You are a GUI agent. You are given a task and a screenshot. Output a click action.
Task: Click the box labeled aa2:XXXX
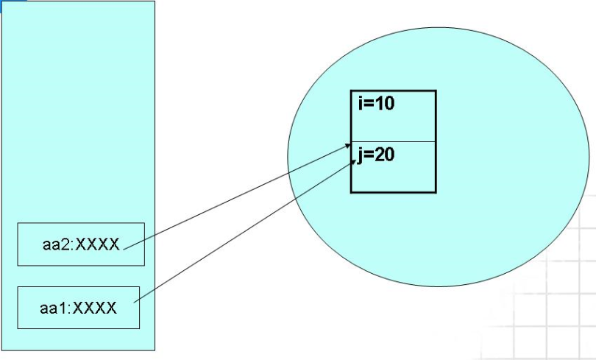81,244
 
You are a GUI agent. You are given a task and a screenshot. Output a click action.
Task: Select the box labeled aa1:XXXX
78,307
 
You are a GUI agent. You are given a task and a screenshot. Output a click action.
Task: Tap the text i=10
377,103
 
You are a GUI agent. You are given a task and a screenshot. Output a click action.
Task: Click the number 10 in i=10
384,103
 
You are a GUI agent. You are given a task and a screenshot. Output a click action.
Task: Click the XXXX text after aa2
97,244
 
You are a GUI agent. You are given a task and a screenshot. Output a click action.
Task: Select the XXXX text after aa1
95,308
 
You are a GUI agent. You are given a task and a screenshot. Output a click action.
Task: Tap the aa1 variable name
53,308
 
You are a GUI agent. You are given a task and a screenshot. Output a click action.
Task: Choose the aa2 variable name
55,244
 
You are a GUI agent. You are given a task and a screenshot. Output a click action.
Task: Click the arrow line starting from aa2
235,197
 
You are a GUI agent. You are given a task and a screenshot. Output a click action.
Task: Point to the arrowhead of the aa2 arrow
347,147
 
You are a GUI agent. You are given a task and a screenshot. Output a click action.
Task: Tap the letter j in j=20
361,156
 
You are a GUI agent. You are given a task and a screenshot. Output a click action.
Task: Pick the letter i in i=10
361,103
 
